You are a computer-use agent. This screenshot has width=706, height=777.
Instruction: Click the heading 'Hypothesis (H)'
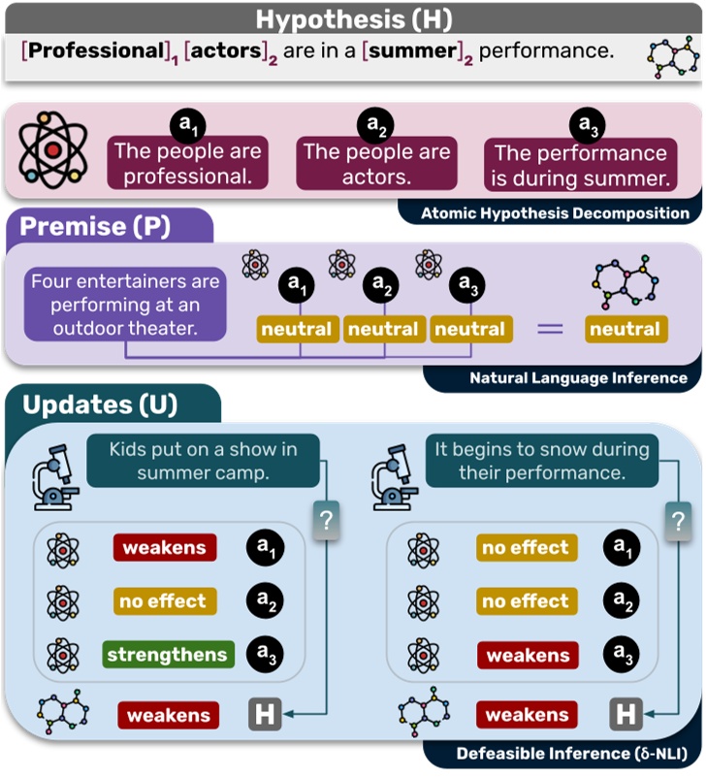[352, 18]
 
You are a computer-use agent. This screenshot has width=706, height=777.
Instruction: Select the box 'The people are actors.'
[376, 164]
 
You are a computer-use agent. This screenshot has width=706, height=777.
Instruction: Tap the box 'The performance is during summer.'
[580, 166]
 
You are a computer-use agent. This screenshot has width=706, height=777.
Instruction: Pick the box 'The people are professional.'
[188, 164]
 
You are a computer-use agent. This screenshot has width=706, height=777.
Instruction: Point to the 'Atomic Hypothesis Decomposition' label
[555, 213]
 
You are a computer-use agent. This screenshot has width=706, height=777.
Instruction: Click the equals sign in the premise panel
[550, 329]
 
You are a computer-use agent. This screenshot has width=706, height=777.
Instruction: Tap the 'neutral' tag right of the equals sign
[625, 330]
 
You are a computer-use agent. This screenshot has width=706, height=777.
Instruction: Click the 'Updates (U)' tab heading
[101, 405]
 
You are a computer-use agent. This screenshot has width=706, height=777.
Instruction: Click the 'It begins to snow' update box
[542, 461]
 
